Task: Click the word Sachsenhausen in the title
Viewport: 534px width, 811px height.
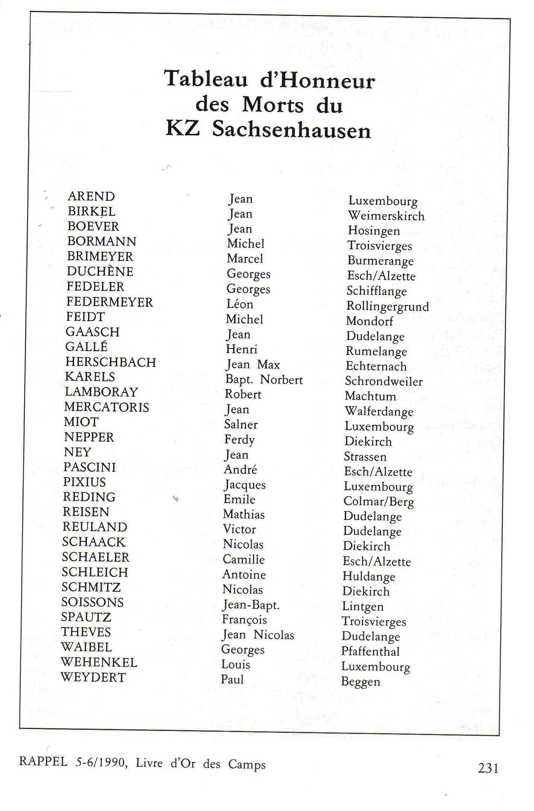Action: click(291, 130)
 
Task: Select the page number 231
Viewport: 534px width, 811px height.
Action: click(488, 768)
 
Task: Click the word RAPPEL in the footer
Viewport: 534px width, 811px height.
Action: click(43, 762)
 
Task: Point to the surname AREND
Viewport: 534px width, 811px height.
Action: click(91, 196)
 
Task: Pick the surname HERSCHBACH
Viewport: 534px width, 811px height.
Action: click(111, 362)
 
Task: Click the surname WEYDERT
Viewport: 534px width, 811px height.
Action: click(93, 677)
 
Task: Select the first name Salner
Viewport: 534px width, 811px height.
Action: click(241, 424)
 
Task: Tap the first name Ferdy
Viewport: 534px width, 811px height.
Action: click(240, 440)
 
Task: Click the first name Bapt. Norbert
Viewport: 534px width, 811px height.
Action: click(264, 380)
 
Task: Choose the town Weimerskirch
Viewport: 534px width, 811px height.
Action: click(386, 216)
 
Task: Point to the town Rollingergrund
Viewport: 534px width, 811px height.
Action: click(387, 306)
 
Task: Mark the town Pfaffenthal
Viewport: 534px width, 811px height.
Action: click(370, 651)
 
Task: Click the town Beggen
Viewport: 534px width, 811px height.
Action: click(361, 682)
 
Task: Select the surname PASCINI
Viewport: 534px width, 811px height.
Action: click(90, 467)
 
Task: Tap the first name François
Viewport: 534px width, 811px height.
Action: click(244, 620)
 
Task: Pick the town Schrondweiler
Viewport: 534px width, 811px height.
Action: click(384, 381)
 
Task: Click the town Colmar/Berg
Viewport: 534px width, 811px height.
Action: click(379, 502)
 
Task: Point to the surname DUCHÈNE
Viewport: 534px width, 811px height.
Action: click(100, 271)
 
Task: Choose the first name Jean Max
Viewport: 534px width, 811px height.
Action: click(253, 365)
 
